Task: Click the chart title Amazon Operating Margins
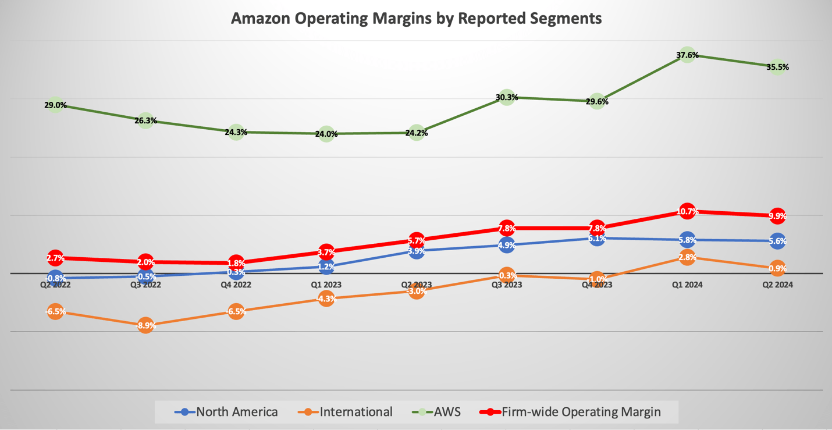click(x=416, y=18)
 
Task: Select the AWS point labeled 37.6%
click(x=687, y=55)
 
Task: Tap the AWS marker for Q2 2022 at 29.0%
click(x=55, y=105)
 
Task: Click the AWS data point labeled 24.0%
click(x=326, y=134)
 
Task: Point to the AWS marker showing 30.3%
click(x=507, y=97)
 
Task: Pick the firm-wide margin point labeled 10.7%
click(x=687, y=211)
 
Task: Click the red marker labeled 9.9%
click(x=777, y=216)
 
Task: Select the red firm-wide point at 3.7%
click(x=326, y=253)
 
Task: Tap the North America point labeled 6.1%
click(x=597, y=238)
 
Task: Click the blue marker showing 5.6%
click(x=777, y=241)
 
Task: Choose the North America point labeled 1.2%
click(x=326, y=266)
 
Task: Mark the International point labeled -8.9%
click(x=145, y=326)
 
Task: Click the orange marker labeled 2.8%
click(x=687, y=257)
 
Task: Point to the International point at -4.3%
click(x=326, y=299)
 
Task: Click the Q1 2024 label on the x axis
click(x=687, y=285)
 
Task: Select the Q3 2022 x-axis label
click(x=145, y=285)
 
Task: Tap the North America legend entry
click(x=226, y=412)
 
